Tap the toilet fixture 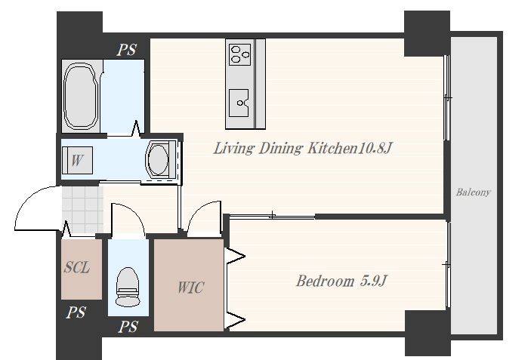128,287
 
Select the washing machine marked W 77,160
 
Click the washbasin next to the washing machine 160,160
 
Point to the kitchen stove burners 239,54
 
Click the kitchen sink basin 239,103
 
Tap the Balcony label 473,192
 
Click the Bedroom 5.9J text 341,281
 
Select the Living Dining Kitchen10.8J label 303,148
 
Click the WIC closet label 190,288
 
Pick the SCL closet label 77,267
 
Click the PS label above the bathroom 126,50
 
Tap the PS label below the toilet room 128,327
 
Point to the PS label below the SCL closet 76,312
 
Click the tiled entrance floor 83,210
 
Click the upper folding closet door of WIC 236,256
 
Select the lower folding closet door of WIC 236,320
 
